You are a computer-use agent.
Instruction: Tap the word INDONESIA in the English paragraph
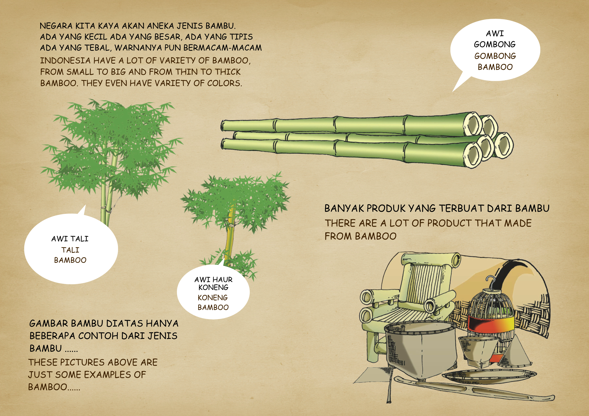coord(65,61)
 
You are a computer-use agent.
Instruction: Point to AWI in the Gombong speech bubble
coord(495,34)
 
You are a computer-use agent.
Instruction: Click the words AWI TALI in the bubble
coord(70,239)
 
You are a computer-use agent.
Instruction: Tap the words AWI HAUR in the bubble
coord(213,279)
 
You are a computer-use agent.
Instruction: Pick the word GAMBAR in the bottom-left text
coord(49,323)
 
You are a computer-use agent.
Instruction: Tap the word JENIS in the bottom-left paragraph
coord(163,336)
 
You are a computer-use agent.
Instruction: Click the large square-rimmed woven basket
coord(421,349)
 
